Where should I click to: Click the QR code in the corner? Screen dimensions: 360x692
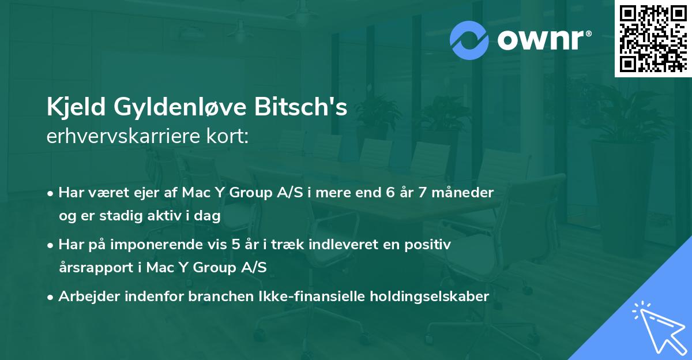[653, 38]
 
